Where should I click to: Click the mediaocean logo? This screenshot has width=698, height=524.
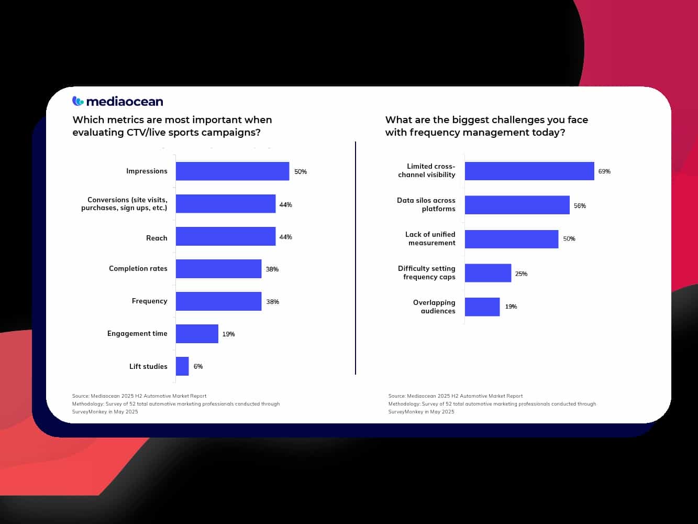point(118,101)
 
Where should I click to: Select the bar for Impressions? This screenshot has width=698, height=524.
point(232,171)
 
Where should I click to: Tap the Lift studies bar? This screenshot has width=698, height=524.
point(182,366)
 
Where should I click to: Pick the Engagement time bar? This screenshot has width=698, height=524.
point(197,334)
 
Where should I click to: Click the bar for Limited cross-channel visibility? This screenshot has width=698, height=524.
point(529,171)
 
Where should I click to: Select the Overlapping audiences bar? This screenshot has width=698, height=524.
point(482,307)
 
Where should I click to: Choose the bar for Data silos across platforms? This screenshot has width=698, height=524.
point(517,205)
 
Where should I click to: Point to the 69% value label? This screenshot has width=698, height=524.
point(604,171)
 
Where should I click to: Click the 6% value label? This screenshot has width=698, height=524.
point(198,366)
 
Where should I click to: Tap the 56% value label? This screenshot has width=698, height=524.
point(580,206)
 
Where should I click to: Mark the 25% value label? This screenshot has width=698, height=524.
point(521,274)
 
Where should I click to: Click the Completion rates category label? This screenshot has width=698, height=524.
point(138,268)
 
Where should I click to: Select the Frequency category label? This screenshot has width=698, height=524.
point(150,301)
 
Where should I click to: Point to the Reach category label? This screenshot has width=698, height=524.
point(157,238)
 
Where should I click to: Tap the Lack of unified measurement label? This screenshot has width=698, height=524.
point(430,238)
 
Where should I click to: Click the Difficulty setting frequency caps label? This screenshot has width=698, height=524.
point(427,272)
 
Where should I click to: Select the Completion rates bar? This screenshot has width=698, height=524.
point(218,269)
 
